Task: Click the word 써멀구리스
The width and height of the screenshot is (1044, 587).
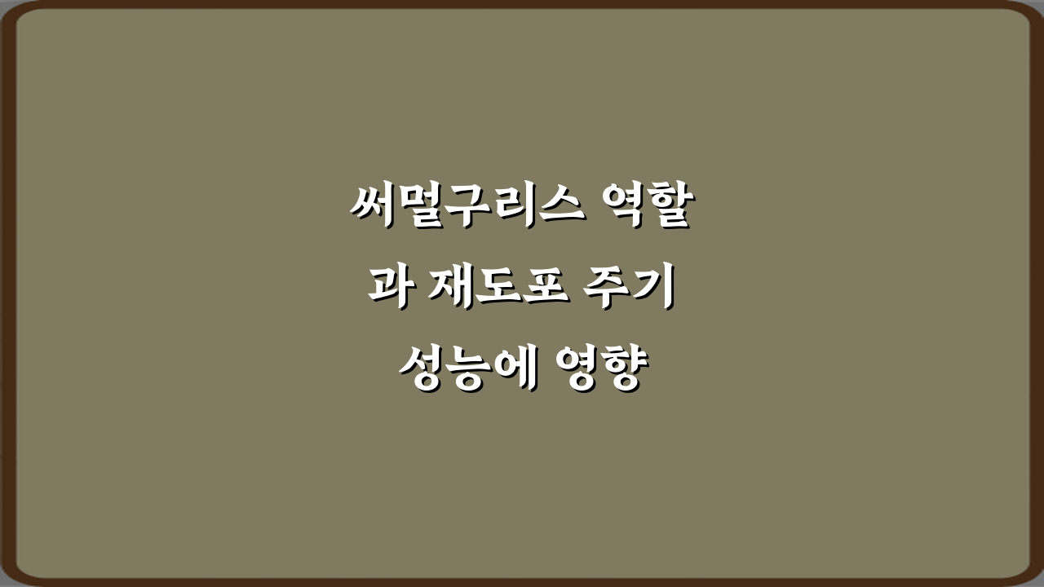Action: coord(467,207)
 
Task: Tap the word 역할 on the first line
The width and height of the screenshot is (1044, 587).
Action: coord(645,207)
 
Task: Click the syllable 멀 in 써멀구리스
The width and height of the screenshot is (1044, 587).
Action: coord(419,207)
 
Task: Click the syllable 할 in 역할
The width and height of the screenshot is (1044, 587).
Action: coord(669,207)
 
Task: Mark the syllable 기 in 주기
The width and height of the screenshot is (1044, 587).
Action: coord(657,289)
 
